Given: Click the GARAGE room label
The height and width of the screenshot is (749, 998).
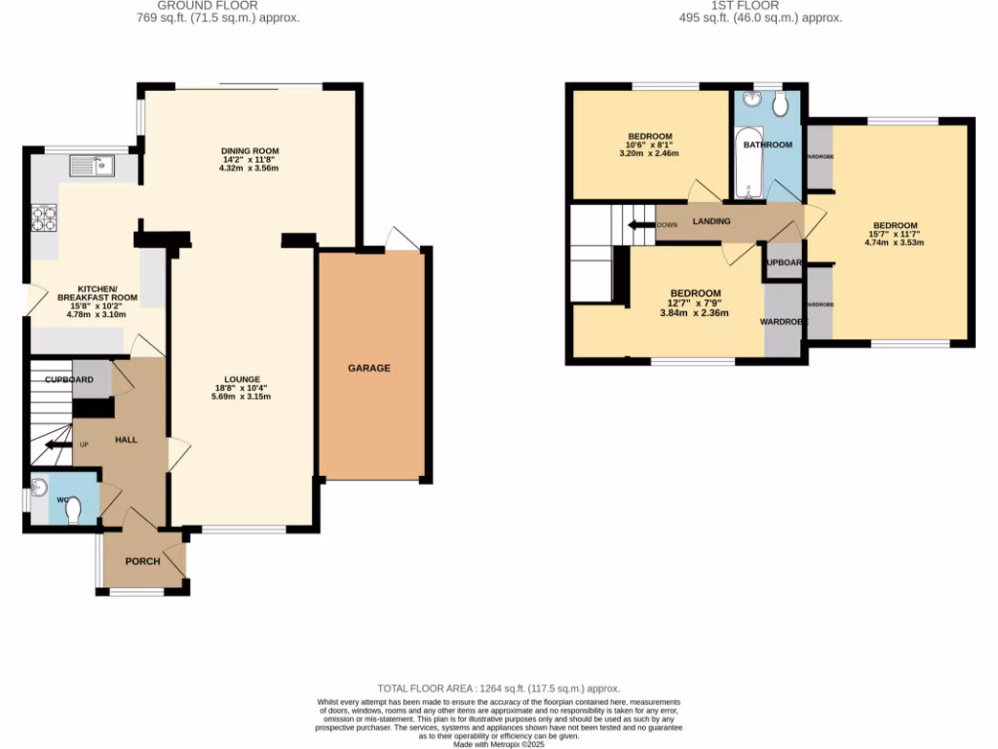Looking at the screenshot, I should [x=369, y=368].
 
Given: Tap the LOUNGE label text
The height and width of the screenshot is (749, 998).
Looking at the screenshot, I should [x=241, y=379].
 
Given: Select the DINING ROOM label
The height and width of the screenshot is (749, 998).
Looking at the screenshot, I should [x=249, y=150].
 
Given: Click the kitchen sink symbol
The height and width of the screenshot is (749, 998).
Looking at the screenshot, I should [x=92, y=166].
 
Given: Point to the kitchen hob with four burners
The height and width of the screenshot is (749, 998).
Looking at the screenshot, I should [x=44, y=218].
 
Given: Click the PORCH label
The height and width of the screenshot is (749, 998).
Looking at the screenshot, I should [x=142, y=561].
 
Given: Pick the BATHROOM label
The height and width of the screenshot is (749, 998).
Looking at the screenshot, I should [x=767, y=144].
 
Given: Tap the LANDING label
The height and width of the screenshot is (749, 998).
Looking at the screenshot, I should [x=710, y=221].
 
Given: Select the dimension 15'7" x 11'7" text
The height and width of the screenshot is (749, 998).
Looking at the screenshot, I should [x=894, y=234].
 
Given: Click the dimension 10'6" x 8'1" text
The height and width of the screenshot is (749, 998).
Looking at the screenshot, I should [x=651, y=145].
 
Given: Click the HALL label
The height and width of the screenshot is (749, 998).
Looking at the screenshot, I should [x=126, y=440].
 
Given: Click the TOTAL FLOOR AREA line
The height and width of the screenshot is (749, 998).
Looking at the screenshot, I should [x=498, y=689].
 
